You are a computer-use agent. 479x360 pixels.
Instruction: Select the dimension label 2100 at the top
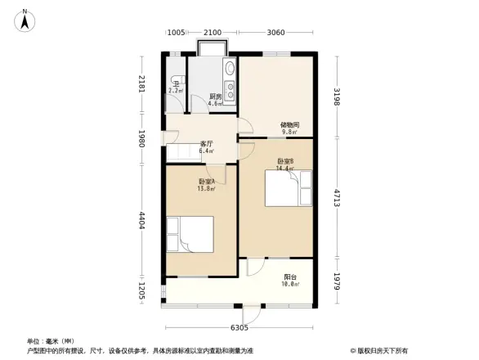(x=213, y=33)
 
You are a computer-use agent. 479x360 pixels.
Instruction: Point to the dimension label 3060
(x=275, y=33)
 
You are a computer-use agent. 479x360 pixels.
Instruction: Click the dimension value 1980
(x=141, y=137)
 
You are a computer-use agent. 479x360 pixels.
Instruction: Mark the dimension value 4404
(x=141, y=220)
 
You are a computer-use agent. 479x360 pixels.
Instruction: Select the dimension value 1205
(x=141, y=292)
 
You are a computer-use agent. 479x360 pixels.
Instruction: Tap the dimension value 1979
(x=336, y=282)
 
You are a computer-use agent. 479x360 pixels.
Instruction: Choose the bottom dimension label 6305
(x=239, y=328)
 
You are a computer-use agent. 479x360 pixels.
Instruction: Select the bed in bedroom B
(x=289, y=188)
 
